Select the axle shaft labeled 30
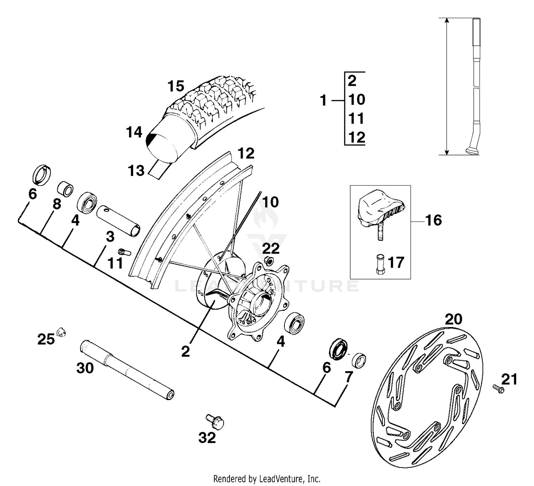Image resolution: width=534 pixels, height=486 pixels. click(x=126, y=370)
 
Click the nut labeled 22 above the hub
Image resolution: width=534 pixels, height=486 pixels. click(x=269, y=262)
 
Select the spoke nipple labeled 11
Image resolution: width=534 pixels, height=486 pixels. click(x=124, y=252)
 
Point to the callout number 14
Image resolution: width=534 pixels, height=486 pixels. click(x=134, y=132)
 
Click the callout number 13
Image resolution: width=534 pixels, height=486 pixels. click(x=136, y=171)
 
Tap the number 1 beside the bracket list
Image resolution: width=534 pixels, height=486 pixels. click(x=323, y=101)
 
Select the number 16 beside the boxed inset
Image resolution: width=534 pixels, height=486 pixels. click(x=433, y=220)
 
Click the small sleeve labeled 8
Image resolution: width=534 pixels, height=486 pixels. click(x=65, y=189)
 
